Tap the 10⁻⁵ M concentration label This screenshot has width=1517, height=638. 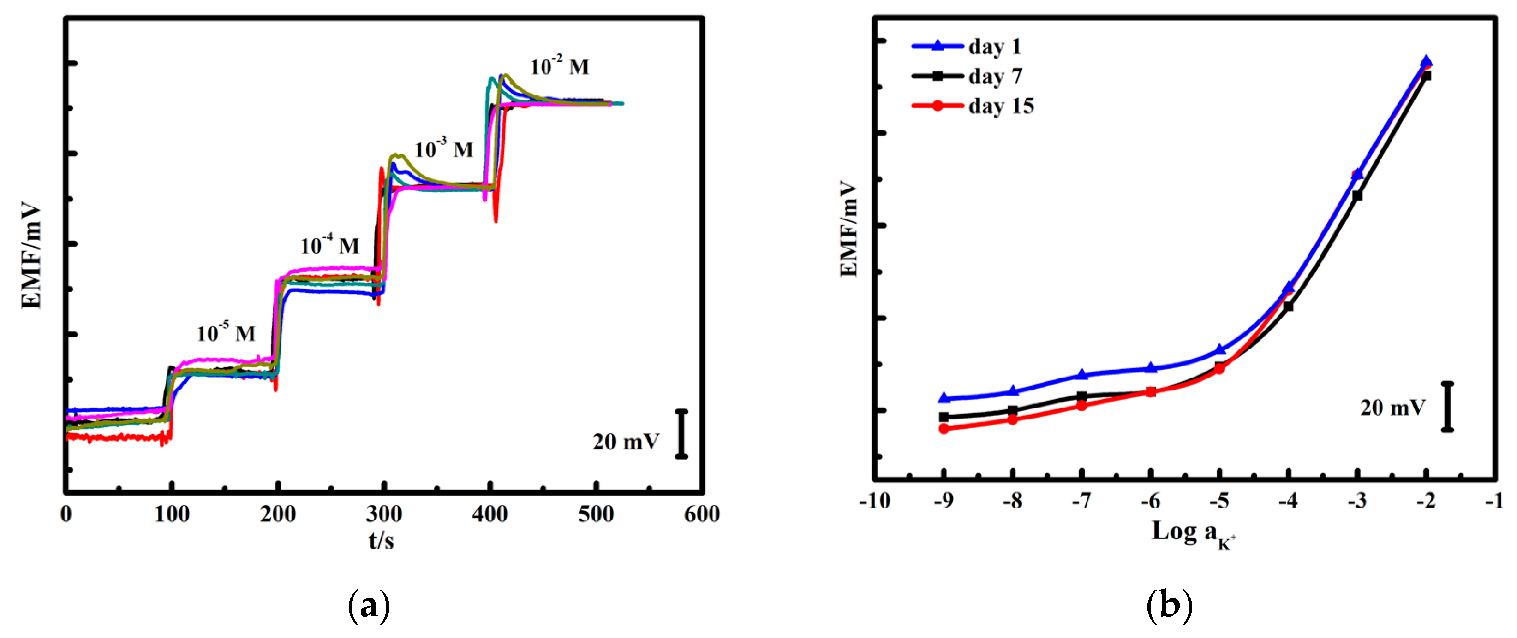click(226, 333)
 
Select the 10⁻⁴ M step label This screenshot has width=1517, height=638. click(329, 245)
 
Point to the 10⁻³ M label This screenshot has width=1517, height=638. click(443, 149)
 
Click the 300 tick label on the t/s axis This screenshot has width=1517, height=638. click(383, 514)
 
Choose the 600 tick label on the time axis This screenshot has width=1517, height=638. click(701, 514)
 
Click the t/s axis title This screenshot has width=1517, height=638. click(381, 539)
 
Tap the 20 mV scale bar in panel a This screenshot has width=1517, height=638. click(681, 434)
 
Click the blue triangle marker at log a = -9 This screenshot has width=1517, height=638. click(944, 398)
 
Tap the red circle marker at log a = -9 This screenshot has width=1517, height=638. click(944, 428)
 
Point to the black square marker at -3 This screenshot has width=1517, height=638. click(1357, 195)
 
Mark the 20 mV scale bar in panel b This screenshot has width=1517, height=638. click(1447, 407)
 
